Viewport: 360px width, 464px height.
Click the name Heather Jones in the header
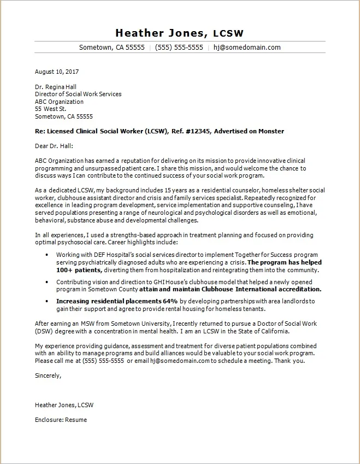[x=158, y=32]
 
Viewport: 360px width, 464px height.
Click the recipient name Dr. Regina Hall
[x=56, y=86]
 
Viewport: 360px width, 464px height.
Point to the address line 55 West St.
[x=50, y=109]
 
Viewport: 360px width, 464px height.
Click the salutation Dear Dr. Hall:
[x=54, y=146]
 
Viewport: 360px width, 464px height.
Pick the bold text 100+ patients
[x=79, y=271]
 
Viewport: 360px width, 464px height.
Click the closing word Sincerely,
[x=48, y=375]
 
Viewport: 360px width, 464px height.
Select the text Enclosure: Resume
[x=61, y=420]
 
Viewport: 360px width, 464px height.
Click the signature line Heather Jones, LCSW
[x=64, y=405]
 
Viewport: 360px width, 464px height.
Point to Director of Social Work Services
[x=78, y=94]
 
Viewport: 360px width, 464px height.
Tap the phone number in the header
[x=179, y=48]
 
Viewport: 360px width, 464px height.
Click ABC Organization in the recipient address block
[x=59, y=102]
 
